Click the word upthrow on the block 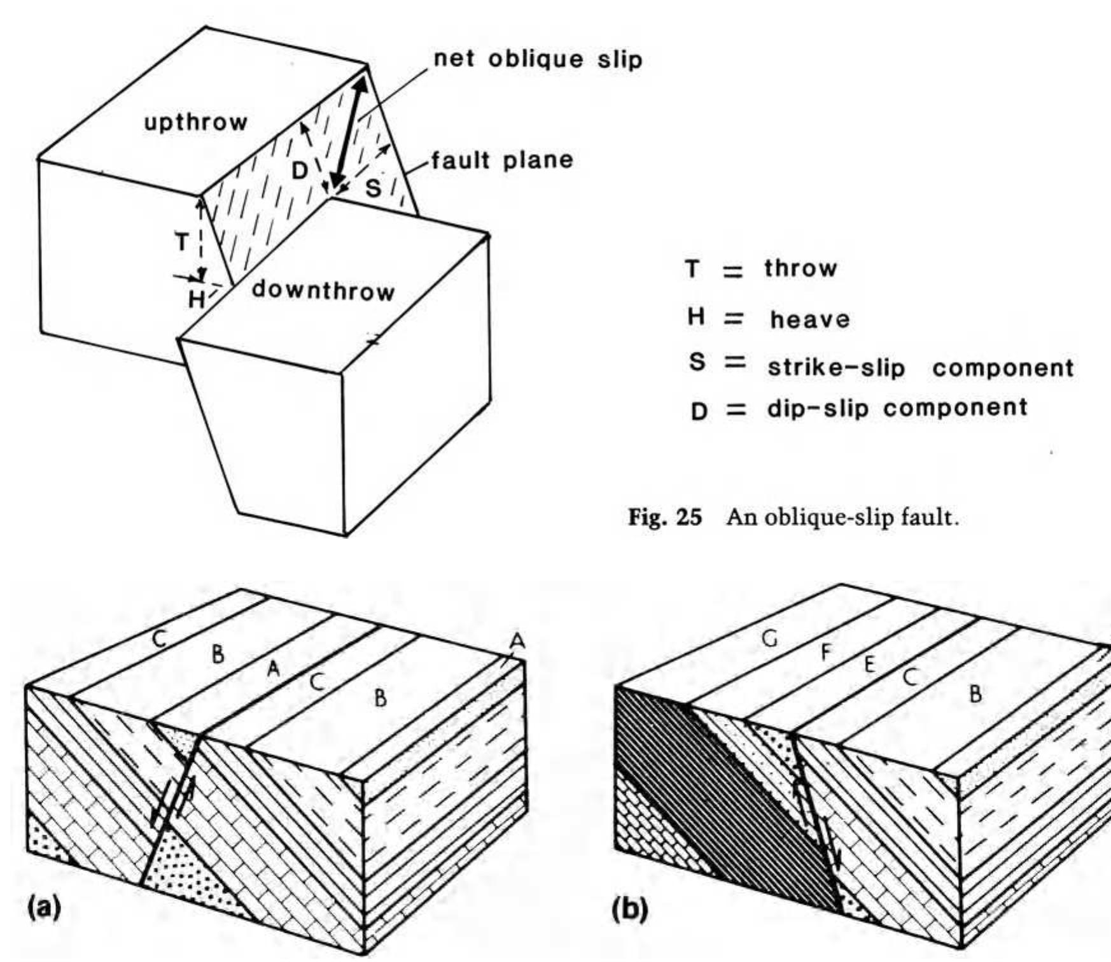[x=195, y=122]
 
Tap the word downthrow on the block [x=323, y=291]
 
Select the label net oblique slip [x=538, y=59]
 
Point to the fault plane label [x=502, y=160]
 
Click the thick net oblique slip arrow [x=349, y=131]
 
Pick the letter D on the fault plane [x=300, y=171]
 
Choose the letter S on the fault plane [x=374, y=188]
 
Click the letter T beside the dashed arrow [x=182, y=242]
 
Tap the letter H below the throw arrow [x=196, y=299]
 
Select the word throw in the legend [x=800, y=268]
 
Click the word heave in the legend [x=809, y=319]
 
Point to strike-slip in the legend [x=836, y=367]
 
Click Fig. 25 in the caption [x=664, y=517]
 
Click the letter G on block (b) [x=771, y=639]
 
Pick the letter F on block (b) [x=825, y=653]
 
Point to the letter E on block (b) [x=869, y=664]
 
